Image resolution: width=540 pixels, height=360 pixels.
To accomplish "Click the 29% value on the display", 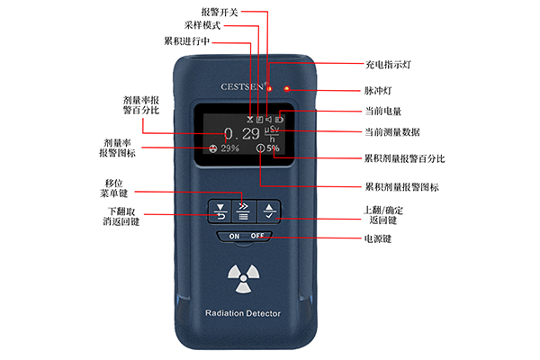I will tap(229, 148).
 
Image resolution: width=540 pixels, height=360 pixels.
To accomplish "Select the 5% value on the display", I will tap(273, 148).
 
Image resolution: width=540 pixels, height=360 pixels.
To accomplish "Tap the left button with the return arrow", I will tap(219, 212).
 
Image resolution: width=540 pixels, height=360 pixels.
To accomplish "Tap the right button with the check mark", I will tap(268, 212).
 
